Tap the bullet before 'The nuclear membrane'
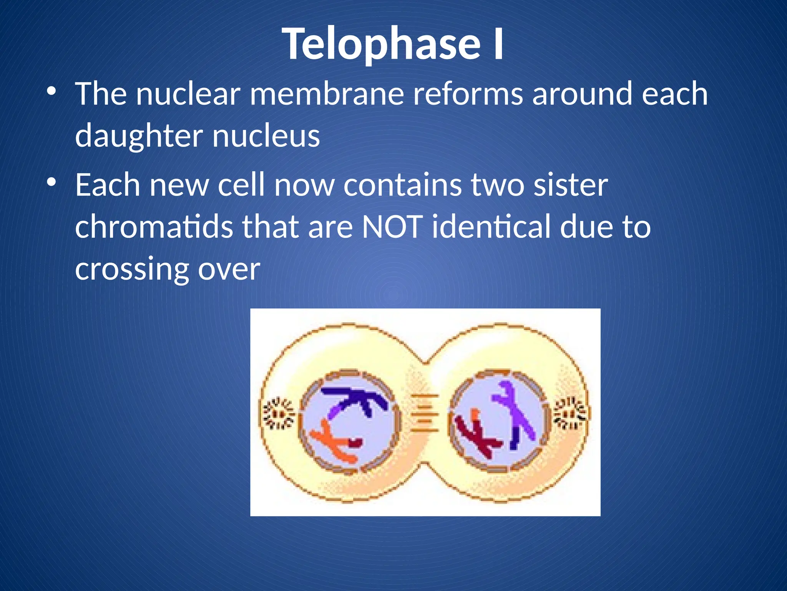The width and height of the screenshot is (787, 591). tap(51, 92)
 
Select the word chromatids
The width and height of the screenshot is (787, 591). tap(154, 227)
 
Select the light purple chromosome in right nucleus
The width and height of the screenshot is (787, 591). tap(515, 408)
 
